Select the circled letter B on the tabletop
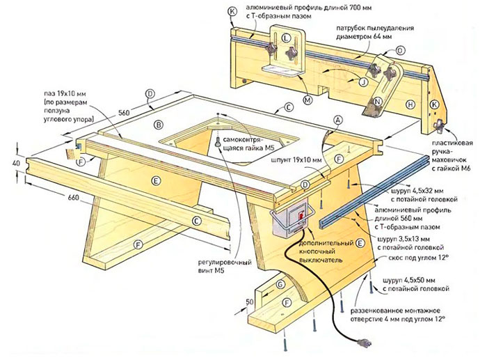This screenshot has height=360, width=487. pos(159,125)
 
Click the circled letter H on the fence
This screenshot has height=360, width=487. pos(410,104)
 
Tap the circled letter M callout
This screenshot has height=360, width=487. pos(308,99)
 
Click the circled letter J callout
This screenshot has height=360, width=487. pos(362,81)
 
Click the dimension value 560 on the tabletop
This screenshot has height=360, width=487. pos(125,111)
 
